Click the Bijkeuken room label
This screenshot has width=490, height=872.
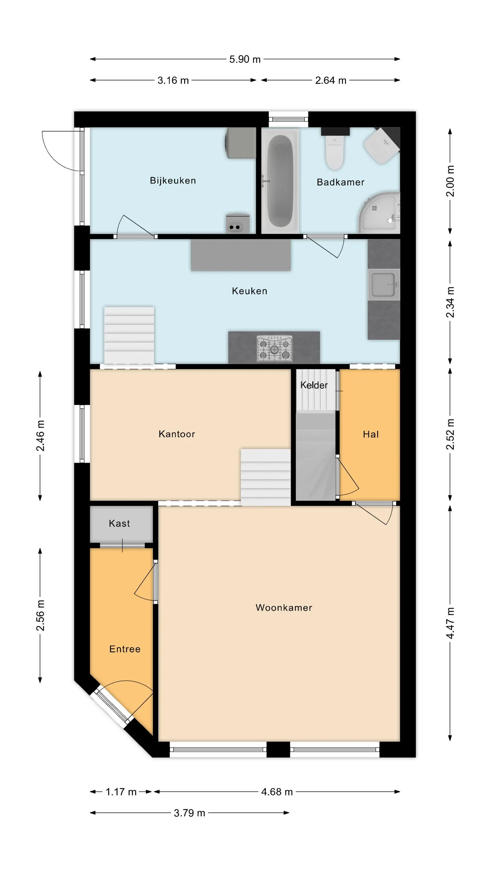click(x=173, y=181)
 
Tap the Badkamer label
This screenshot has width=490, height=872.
click(x=341, y=182)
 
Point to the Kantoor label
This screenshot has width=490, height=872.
click(x=177, y=434)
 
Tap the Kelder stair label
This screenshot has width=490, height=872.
click(x=314, y=385)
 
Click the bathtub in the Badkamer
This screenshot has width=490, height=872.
click(x=280, y=181)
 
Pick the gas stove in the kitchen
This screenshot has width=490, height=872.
click(x=275, y=348)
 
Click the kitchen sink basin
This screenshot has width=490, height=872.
click(x=384, y=284)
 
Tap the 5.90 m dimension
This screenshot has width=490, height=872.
click(x=245, y=59)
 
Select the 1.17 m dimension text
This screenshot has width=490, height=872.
click(x=121, y=792)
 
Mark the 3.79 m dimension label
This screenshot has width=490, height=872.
click(x=189, y=813)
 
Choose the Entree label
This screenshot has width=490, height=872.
click(x=125, y=649)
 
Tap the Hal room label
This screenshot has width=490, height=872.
click(x=371, y=434)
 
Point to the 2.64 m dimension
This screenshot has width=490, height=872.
click(x=331, y=80)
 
